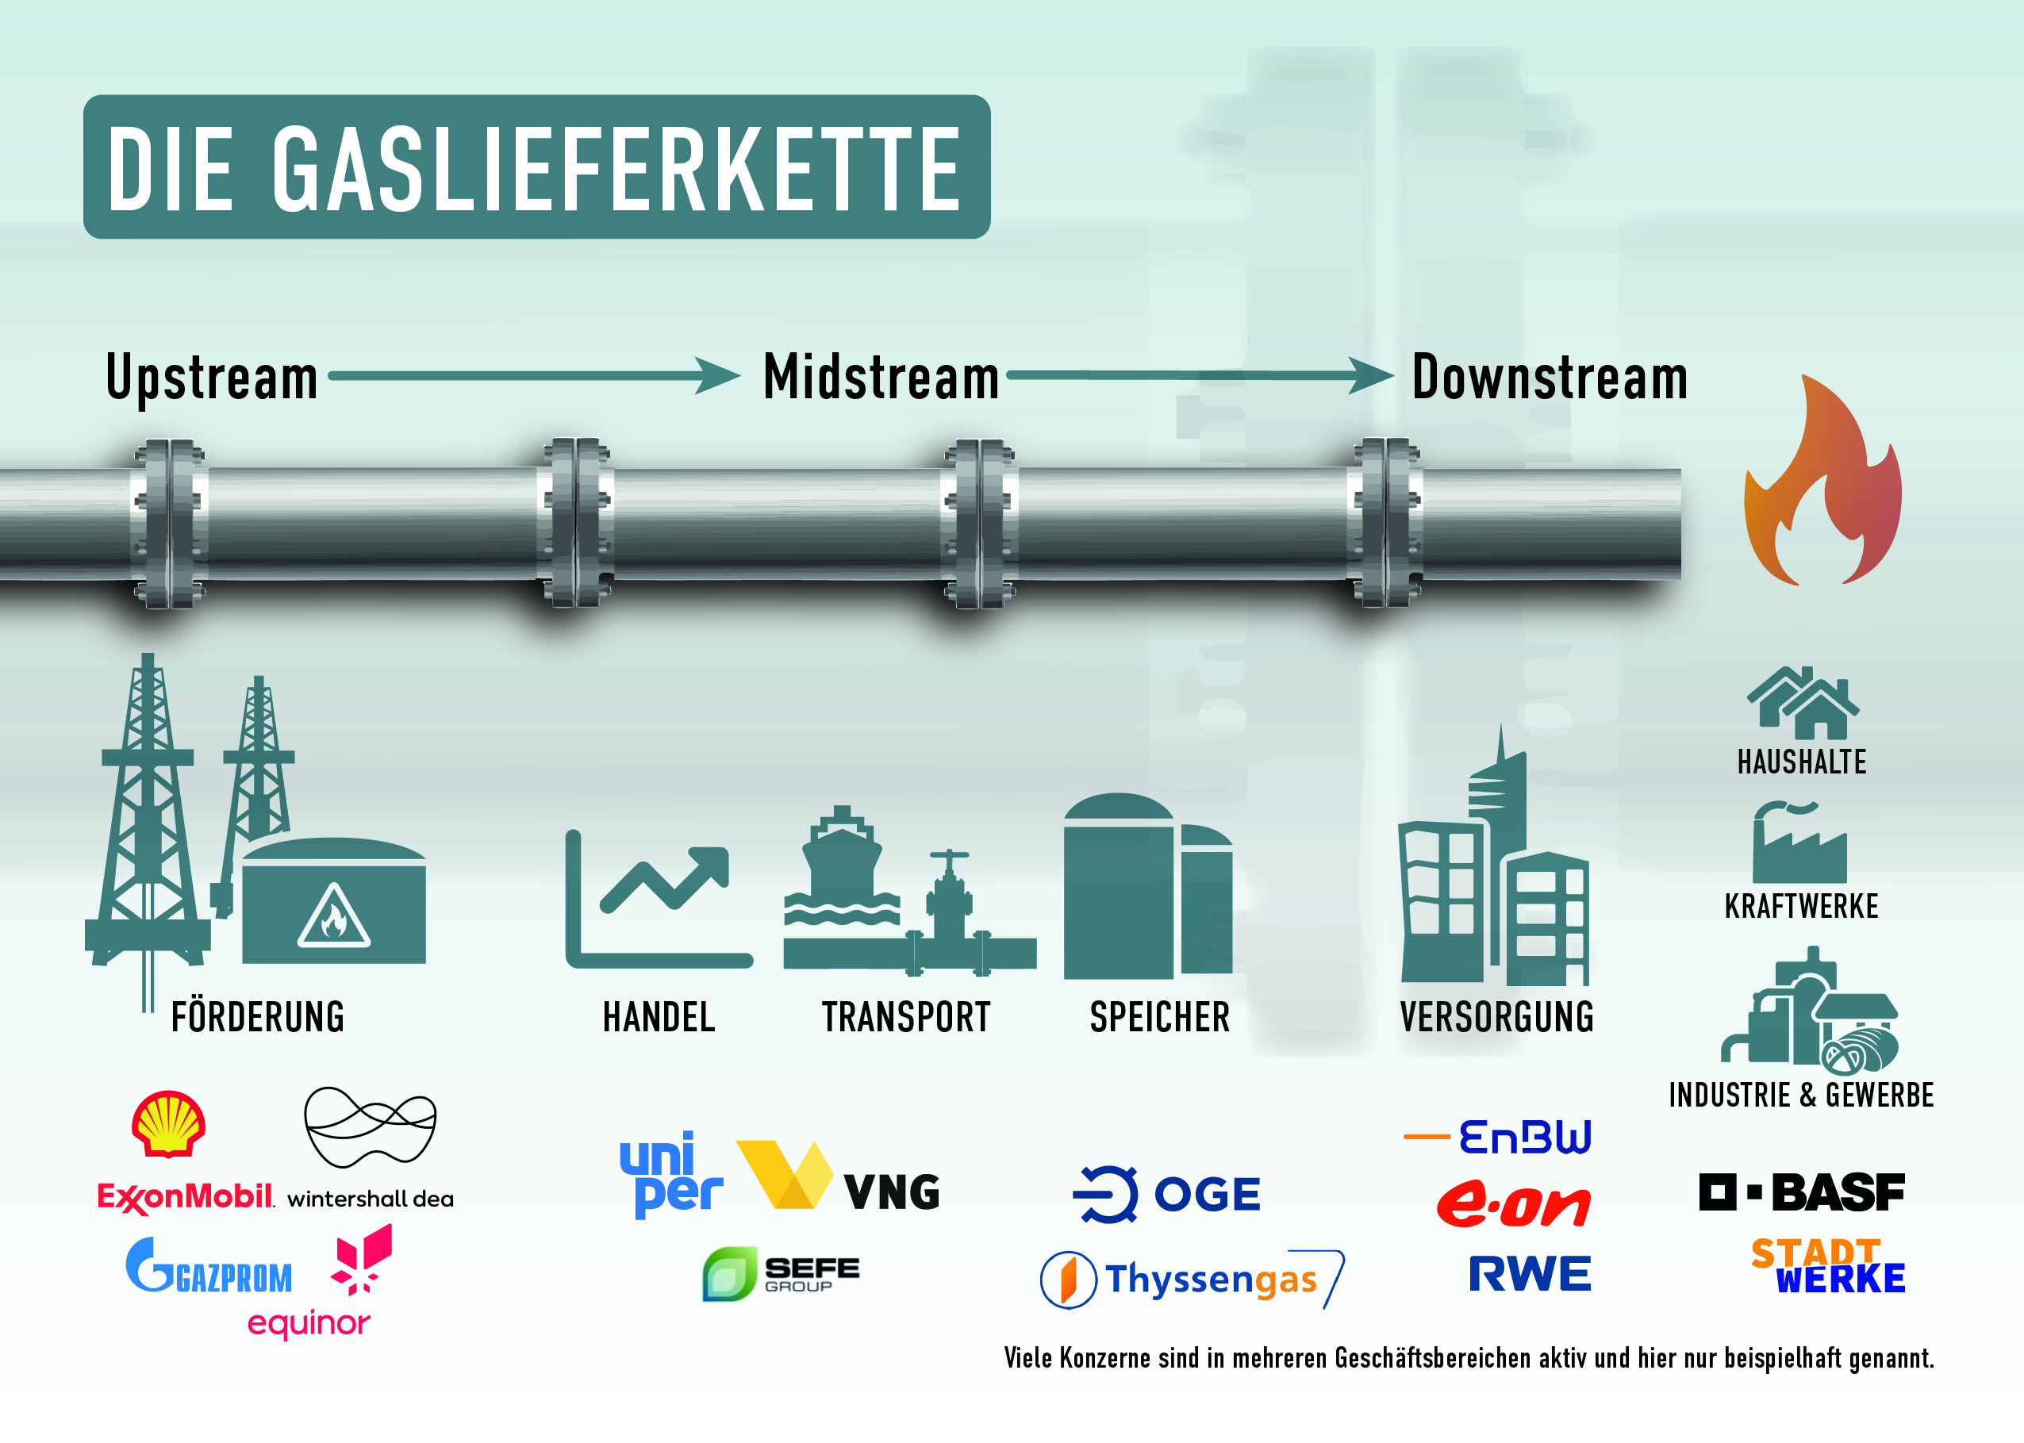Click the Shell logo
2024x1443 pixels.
tap(169, 1123)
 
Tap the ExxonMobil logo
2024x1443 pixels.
tap(186, 1197)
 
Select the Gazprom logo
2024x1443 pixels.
tap(209, 1265)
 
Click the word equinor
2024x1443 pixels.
tap(309, 1324)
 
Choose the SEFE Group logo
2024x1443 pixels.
tap(781, 1274)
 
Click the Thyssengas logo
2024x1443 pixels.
tap(1192, 1280)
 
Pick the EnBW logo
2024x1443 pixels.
tap(1497, 1138)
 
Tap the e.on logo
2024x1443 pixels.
tap(1513, 1205)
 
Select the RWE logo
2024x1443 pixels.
tap(1529, 1273)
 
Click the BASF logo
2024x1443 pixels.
tap(1802, 1192)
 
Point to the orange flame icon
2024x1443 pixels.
tap(1822, 480)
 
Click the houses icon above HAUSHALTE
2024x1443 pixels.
tap(1802, 703)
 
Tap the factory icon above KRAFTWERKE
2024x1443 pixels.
tap(1799, 844)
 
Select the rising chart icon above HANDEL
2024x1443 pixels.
tap(659, 900)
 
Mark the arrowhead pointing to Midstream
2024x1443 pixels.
tap(718, 376)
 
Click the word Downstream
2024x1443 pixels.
tap(1550, 378)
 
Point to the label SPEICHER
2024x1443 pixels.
tap(1159, 1017)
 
